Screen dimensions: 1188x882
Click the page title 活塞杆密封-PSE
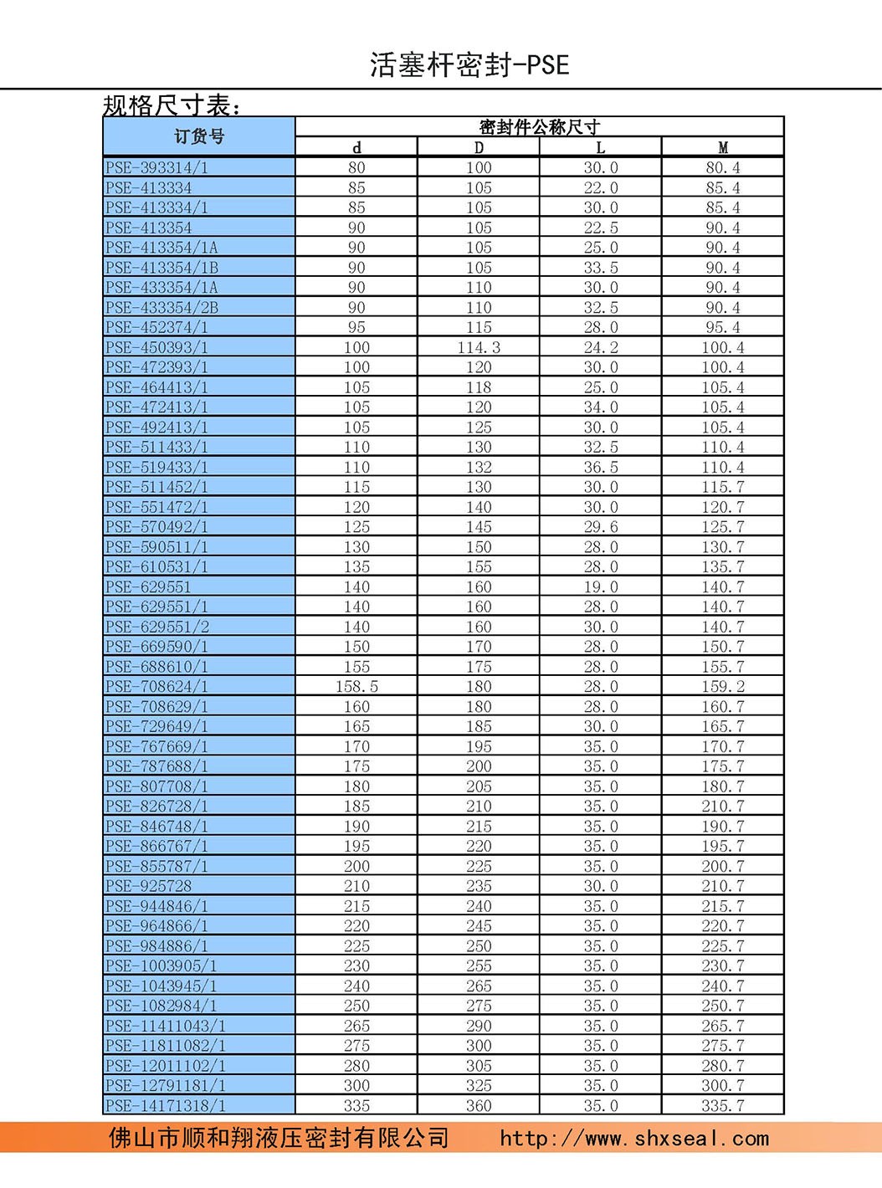[469, 64]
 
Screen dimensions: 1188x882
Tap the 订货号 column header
[199, 136]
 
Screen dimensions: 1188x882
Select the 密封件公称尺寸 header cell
[539, 126]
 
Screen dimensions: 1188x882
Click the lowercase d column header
[356, 147]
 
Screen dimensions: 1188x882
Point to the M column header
[722, 147]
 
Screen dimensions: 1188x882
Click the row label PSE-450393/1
[156, 347]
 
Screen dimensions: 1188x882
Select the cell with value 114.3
[479, 347]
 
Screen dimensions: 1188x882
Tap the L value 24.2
[601, 347]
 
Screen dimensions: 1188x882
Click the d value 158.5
[356, 687]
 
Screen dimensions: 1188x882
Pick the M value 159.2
[722, 687]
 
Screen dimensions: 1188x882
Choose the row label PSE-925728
[148, 886]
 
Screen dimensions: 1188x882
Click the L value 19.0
[601, 587]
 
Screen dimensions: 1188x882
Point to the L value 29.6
[601, 527]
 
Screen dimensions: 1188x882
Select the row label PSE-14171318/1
[165, 1106]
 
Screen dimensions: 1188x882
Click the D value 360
[479, 1106]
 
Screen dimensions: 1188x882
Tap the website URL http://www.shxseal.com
[634, 1139]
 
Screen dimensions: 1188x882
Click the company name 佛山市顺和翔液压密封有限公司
[279, 1139]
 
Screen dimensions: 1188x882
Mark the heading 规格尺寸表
[172, 105]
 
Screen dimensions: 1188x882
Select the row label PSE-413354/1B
[162, 268]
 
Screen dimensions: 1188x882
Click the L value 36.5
[601, 467]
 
